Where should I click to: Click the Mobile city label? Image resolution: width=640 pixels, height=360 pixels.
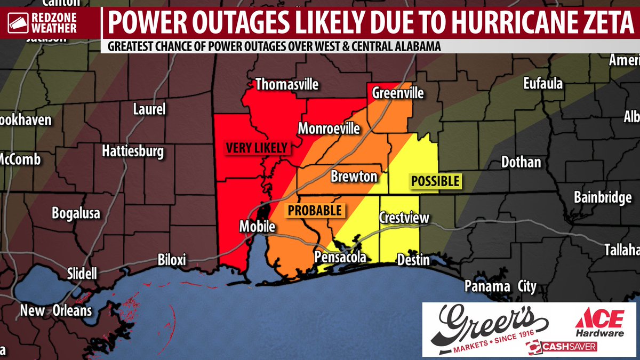pos(257,227)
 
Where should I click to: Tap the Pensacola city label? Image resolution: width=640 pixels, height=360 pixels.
pos(340,258)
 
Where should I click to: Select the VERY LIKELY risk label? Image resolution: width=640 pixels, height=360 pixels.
pos(257,148)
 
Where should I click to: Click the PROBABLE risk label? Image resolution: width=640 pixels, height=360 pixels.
pos(315,211)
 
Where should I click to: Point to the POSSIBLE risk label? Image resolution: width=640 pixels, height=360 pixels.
pos(435,181)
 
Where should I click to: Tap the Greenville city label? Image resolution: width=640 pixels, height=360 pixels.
pos(398,93)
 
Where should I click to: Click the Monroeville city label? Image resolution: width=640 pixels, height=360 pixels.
pos(329,129)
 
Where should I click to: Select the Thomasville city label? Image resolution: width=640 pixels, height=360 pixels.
pos(287,84)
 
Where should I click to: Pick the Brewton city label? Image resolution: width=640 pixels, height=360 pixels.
pos(354,177)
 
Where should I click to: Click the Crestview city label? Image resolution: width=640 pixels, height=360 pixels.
pos(404,218)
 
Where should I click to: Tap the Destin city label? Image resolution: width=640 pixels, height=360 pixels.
pos(413,260)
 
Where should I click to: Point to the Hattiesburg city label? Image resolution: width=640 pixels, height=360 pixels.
pos(133,152)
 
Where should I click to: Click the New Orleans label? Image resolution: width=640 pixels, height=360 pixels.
pos(56,310)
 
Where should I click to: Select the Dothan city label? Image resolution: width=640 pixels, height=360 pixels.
pos(521,162)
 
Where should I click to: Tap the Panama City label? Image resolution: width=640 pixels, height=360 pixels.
pos(500,286)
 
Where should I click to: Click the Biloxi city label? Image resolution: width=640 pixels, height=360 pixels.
pos(172,260)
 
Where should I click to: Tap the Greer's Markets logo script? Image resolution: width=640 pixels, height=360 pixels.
pos(491,324)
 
